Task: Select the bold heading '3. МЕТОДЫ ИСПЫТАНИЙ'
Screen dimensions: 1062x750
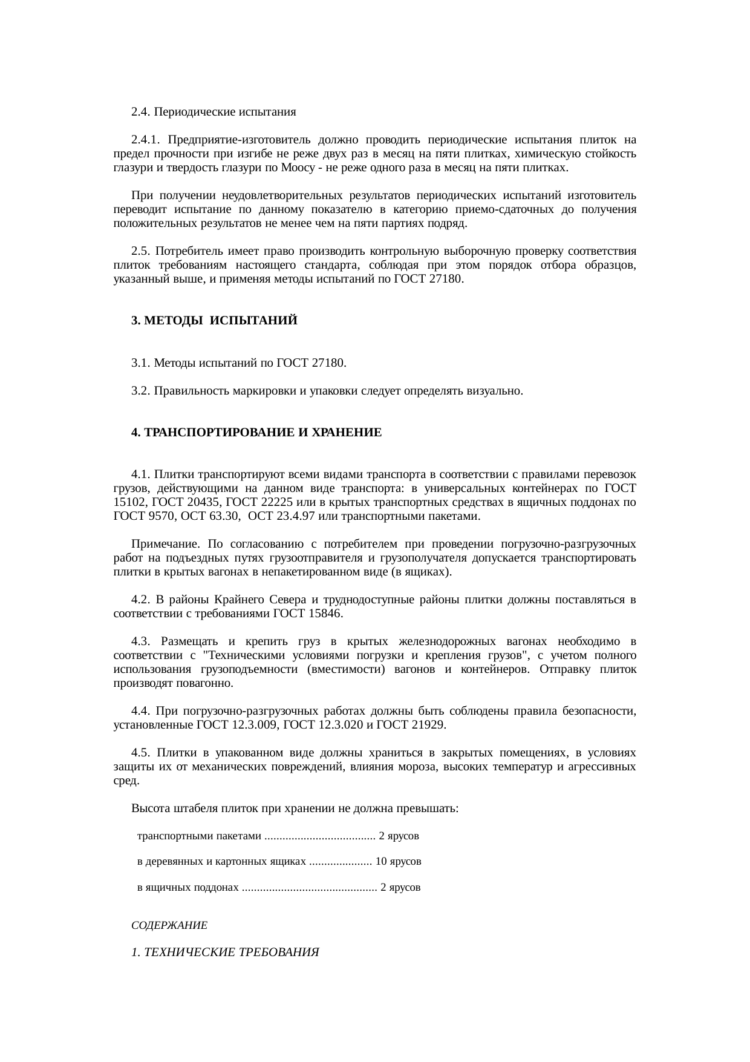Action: click(x=214, y=321)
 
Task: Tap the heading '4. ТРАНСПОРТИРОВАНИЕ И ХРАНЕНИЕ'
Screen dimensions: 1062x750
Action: click(x=256, y=433)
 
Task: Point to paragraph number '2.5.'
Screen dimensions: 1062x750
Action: click(x=140, y=251)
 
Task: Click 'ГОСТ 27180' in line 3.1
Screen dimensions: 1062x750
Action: click(x=310, y=363)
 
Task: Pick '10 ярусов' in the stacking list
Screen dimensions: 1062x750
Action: click(x=399, y=860)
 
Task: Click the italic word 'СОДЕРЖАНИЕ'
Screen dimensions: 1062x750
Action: click(x=169, y=925)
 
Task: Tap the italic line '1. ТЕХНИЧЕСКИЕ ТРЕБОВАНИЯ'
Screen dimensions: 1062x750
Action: click(x=224, y=952)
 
